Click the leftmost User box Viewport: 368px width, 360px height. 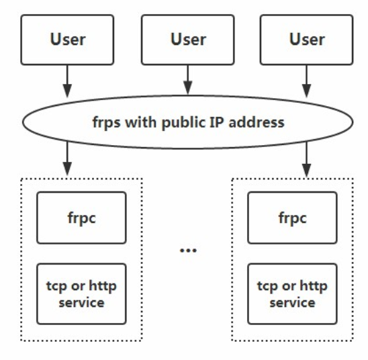(68, 38)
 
